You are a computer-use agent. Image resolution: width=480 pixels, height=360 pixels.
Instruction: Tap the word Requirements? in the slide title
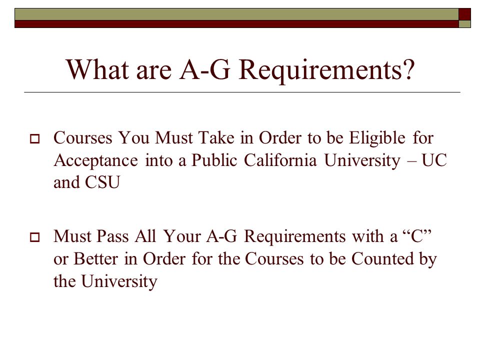pyautogui.click(x=326, y=70)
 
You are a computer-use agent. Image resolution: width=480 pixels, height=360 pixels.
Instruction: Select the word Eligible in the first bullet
pyautogui.click(x=377, y=138)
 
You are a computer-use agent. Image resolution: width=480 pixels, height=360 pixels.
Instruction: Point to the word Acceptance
pyautogui.click(x=95, y=160)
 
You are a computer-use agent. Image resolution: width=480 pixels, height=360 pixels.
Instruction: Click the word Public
pyautogui.click(x=214, y=160)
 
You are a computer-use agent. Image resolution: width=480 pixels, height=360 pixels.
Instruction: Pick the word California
pyautogui.click(x=280, y=160)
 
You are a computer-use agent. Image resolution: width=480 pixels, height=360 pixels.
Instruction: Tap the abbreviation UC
pyautogui.click(x=434, y=160)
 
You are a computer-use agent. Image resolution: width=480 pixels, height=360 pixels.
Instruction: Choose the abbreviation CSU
pyautogui.click(x=102, y=182)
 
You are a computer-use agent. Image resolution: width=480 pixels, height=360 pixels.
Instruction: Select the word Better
pyautogui.click(x=95, y=258)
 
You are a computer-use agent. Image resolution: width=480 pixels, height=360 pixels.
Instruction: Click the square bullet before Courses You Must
pyautogui.click(x=35, y=139)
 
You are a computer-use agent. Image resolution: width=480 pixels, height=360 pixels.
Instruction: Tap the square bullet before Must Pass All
pyautogui.click(x=35, y=237)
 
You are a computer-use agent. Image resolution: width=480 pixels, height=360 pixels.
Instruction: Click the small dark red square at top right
pyautogui.click(x=464, y=14)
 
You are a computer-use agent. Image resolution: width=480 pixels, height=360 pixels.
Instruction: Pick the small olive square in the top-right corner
pyautogui.click(x=464, y=24)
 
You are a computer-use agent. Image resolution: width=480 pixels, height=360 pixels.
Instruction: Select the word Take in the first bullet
pyautogui.click(x=216, y=138)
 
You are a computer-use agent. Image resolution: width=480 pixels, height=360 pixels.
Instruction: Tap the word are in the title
pyautogui.click(x=153, y=72)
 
